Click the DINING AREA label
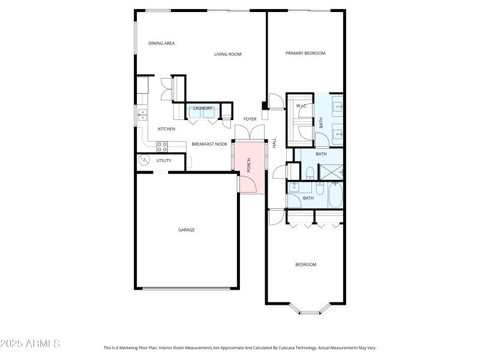coord(161,43)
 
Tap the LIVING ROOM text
coord(227,55)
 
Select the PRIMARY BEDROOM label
coord(305,53)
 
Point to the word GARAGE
coord(186,230)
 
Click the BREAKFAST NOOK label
coord(209,144)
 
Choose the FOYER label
coord(250,119)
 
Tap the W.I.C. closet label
coord(301,106)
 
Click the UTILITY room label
coord(164,161)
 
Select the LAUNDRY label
coord(202,109)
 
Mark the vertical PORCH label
coord(249,165)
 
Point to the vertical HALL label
coord(274,143)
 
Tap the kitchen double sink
coord(143,114)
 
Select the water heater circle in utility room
coord(145,160)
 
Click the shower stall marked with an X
coord(330,171)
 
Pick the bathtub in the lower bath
coord(335,196)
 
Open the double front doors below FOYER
coord(250,133)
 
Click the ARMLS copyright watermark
coord(30,344)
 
